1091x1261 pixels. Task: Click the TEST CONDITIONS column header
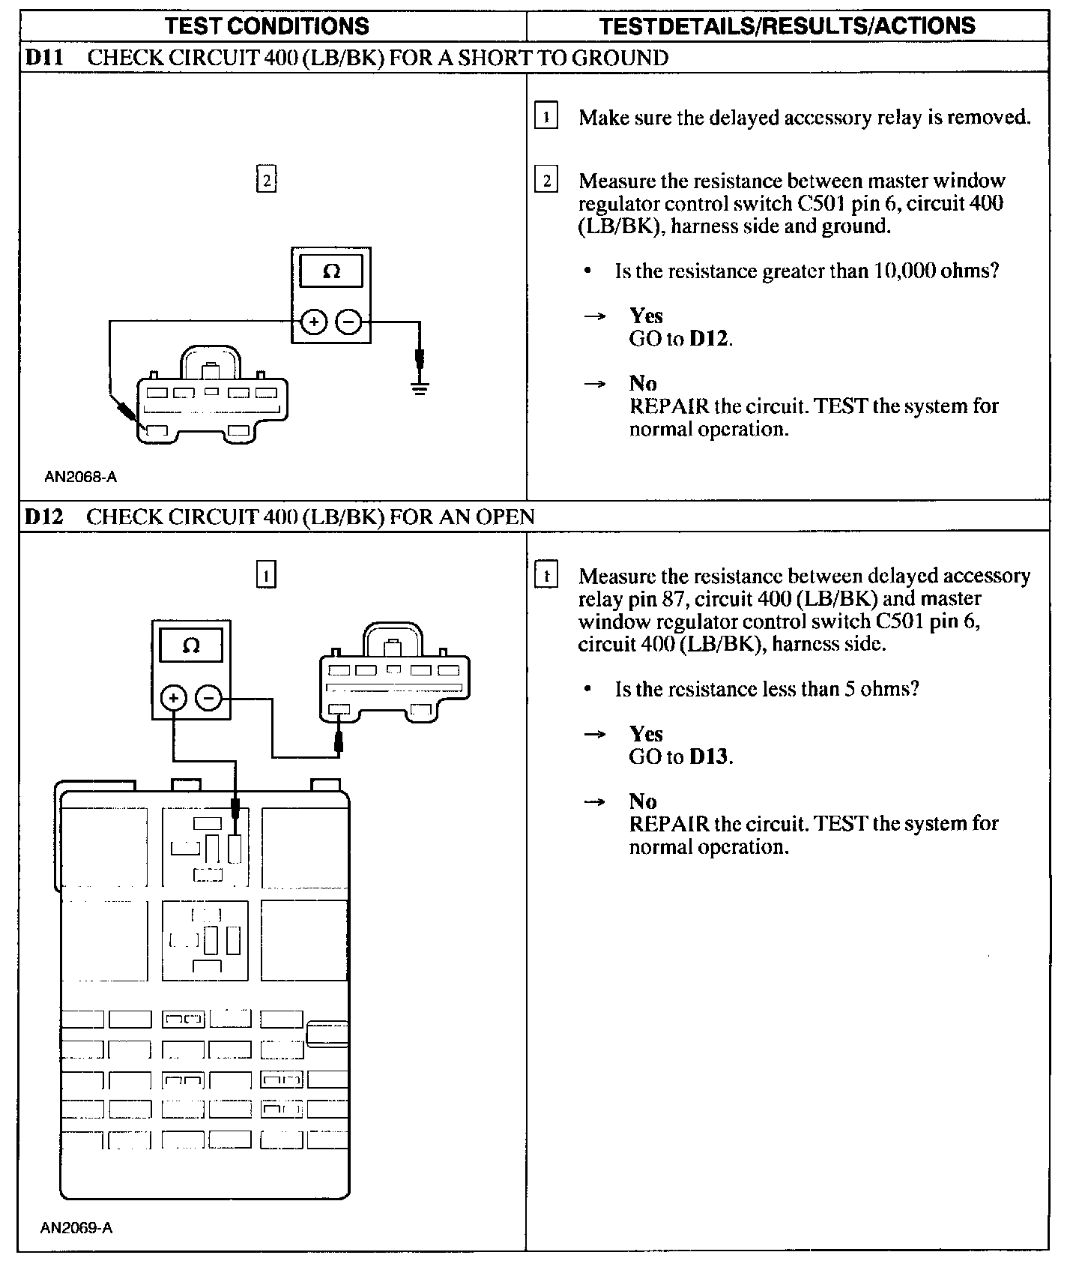pos(267,26)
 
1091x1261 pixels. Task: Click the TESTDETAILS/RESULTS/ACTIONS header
pos(787,26)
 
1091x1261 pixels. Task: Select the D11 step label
pos(44,58)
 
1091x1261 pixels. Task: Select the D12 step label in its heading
pos(43,517)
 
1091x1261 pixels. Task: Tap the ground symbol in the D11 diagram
pos(420,388)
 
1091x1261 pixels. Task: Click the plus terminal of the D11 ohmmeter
pos(314,322)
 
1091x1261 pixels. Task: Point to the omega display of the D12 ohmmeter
pos(191,645)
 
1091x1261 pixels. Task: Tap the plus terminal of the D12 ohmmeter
pos(174,699)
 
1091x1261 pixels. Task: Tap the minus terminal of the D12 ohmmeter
pos(209,699)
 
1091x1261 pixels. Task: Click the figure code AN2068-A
pos(80,477)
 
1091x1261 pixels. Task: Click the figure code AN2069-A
pos(76,1228)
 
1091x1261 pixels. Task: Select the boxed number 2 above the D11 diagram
pos(267,180)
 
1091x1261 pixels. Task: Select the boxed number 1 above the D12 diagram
pos(267,575)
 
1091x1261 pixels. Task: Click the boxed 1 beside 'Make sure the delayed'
pos(546,117)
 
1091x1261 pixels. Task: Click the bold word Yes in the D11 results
pos(646,316)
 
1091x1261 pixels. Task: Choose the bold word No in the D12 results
pos(643,801)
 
